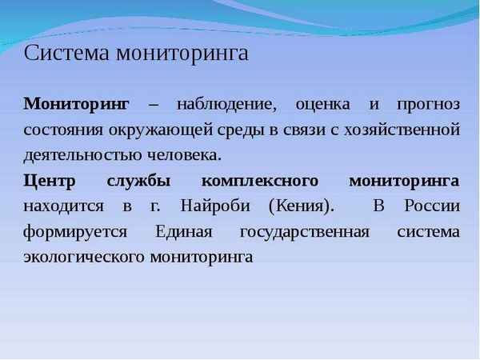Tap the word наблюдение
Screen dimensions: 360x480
click(225, 105)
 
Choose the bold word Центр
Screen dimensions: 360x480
click(50, 180)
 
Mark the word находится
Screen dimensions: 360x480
click(64, 206)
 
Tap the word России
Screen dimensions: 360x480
click(433, 206)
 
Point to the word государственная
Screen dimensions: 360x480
click(304, 232)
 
